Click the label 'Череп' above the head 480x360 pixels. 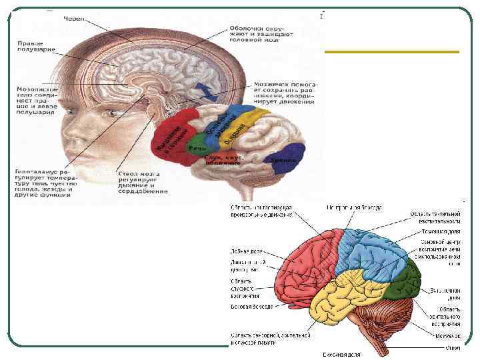[75, 19]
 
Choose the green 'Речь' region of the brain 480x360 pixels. [197, 147]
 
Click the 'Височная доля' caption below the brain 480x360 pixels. [341, 354]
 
